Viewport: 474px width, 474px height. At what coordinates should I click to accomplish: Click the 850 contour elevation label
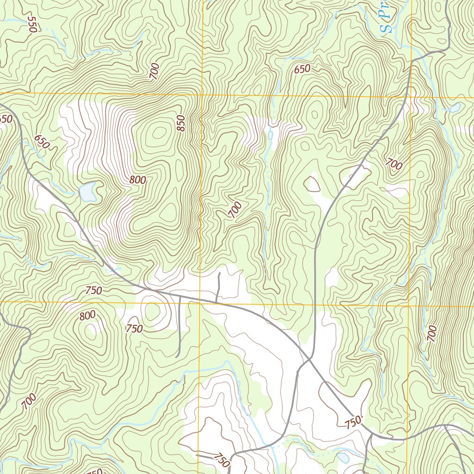tap(181, 123)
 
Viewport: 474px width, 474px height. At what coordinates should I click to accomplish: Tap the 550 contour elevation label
tap(31, 24)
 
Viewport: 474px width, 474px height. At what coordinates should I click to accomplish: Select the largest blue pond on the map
tap(87, 192)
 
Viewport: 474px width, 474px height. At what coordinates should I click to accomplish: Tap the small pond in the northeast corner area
tap(455, 108)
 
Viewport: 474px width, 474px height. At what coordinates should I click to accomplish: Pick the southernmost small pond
tap(343, 457)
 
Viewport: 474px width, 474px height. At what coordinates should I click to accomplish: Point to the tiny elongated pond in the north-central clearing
tap(270, 135)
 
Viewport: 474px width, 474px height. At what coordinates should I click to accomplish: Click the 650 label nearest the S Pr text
tap(302, 69)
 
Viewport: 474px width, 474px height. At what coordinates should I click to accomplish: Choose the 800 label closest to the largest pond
tap(138, 180)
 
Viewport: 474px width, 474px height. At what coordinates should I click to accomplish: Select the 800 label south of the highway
tap(87, 316)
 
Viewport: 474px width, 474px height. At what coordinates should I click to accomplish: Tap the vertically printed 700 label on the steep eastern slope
tap(431, 334)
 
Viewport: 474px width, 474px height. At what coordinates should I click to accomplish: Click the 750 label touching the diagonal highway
tap(353, 422)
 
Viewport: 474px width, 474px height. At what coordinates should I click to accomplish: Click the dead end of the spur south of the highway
tap(177, 356)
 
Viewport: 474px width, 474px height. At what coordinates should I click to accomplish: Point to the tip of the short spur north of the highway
tap(219, 274)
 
